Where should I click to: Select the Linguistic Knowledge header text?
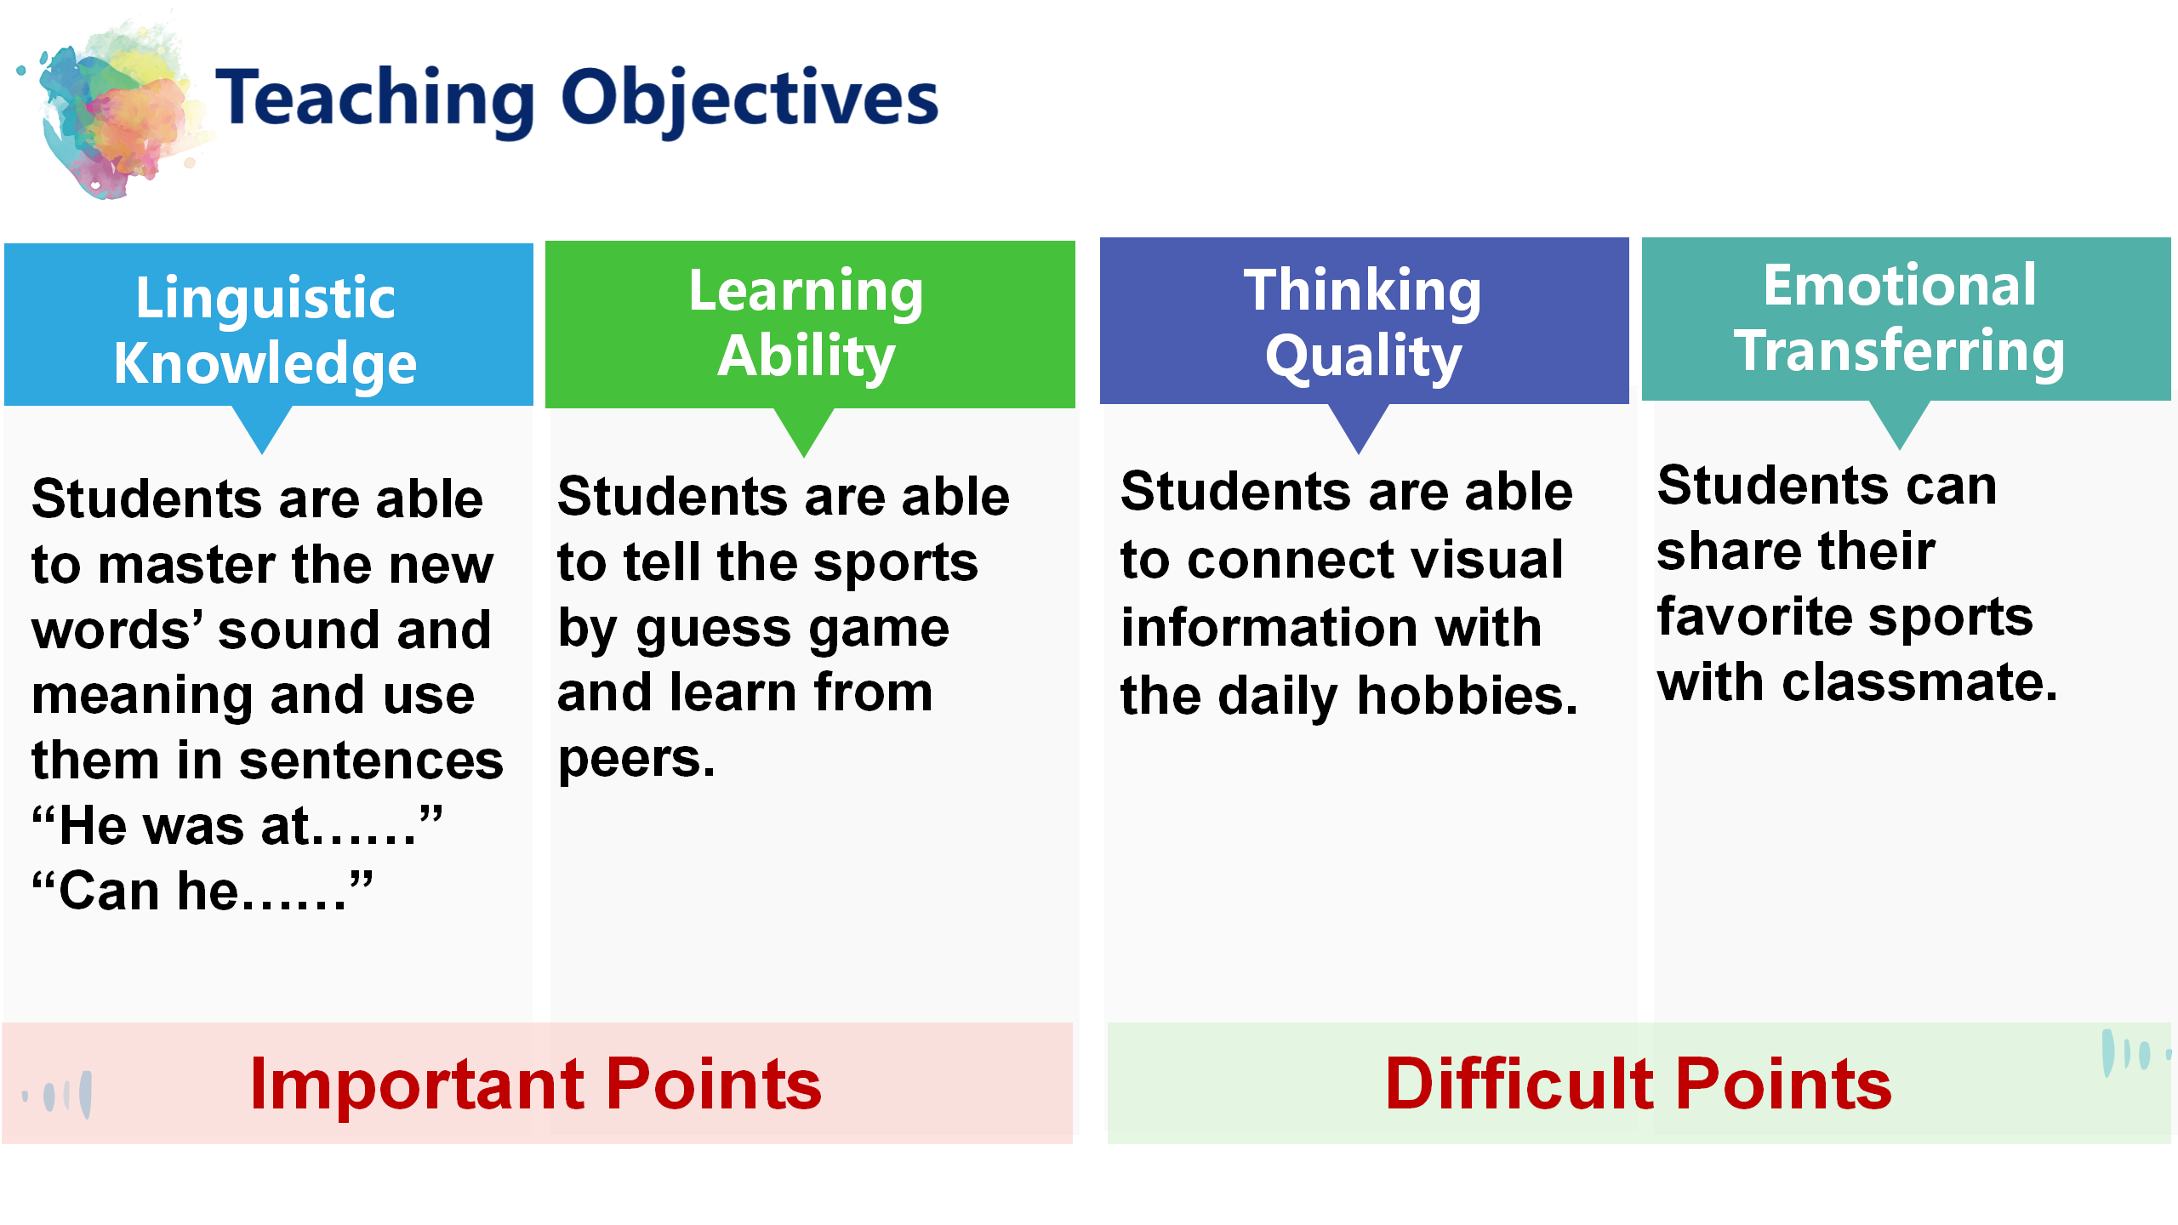(x=265, y=330)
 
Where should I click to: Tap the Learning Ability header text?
(x=806, y=323)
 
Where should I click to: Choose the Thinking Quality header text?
(x=1363, y=323)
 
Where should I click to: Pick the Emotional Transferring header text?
(x=1900, y=318)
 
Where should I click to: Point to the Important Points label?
(x=536, y=1084)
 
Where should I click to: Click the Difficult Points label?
(x=1639, y=1084)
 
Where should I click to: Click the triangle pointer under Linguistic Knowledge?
(x=263, y=428)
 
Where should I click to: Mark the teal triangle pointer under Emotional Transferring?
(x=1900, y=424)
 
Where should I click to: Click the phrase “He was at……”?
(x=237, y=825)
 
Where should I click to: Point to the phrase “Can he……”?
(x=202, y=891)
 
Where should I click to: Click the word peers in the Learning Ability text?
(x=636, y=760)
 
